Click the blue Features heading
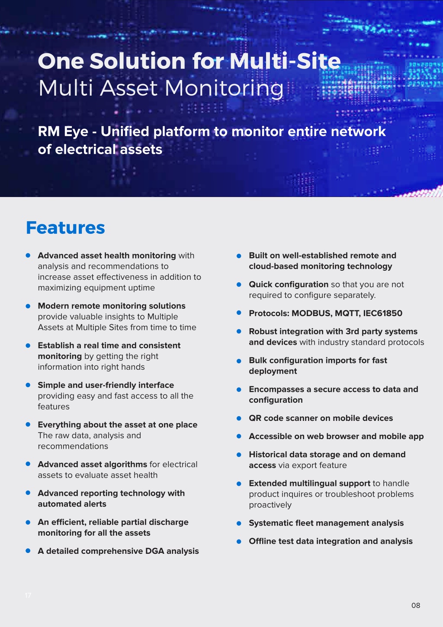click(65, 228)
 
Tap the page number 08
click(416, 605)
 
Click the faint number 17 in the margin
click(28, 595)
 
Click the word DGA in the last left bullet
click(154, 551)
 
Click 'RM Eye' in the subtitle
click(63, 132)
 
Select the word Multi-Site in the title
click(285, 61)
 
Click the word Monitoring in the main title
click(224, 88)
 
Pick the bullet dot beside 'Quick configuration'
click(239, 284)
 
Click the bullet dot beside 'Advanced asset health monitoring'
click(28, 255)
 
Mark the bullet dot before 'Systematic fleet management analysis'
click(239, 524)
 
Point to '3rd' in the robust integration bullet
click(352, 331)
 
